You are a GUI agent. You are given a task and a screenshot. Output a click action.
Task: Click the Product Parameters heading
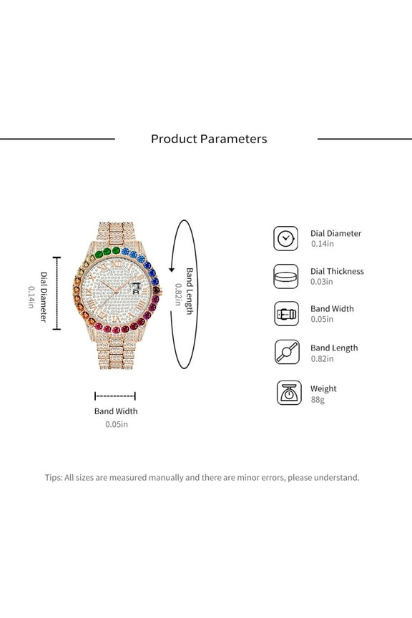[x=209, y=139]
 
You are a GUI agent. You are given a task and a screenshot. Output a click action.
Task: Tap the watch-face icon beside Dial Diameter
[x=286, y=238]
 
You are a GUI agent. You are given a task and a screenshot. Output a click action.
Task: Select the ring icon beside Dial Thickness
[x=286, y=276]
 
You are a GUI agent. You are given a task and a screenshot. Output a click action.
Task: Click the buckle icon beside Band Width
[x=286, y=313]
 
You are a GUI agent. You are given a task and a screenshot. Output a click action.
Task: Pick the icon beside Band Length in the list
[x=286, y=352]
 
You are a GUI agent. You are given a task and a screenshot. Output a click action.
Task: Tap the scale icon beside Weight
[x=288, y=393]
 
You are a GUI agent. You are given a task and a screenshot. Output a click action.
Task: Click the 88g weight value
[x=318, y=400]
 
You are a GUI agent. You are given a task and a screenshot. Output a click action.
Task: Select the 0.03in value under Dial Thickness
[x=322, y=282]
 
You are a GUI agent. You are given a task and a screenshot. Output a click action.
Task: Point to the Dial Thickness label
[x=337, y=271]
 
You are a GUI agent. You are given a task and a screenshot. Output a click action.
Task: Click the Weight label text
[x=323, y=388]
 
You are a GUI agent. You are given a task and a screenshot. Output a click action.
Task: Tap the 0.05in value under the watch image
[x=116, y=424]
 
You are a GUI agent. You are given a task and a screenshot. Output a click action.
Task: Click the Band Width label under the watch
[x=116, y=411]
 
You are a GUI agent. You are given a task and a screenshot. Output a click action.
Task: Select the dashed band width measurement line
[x=115, y=396]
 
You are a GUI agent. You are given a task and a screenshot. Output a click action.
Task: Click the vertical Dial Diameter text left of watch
[x=43, y=296]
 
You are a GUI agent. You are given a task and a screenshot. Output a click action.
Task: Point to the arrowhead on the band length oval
[x=172, y=270]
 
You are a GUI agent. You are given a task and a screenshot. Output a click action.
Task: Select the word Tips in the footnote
[x=53, y=477]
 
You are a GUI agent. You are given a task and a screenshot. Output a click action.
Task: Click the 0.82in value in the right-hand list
[x=322, y=358]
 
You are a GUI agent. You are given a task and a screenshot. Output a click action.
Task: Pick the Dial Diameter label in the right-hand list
[x=335, y=233]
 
